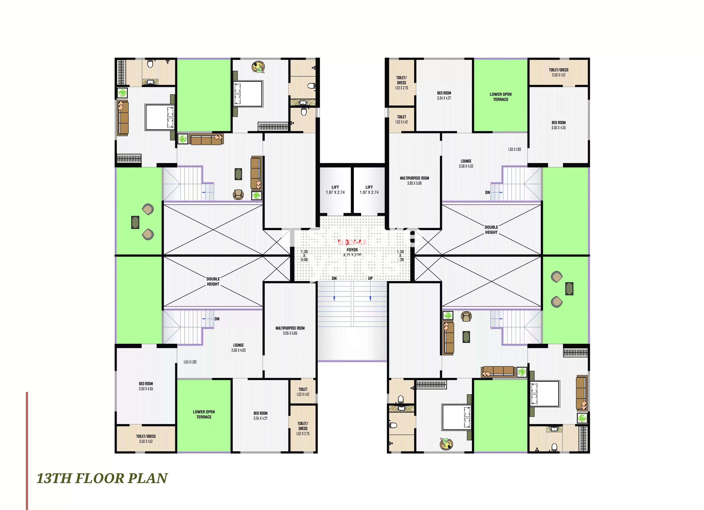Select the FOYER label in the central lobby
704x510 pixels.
click(x=352, y=250)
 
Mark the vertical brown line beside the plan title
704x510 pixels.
click(x=27, y=450)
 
